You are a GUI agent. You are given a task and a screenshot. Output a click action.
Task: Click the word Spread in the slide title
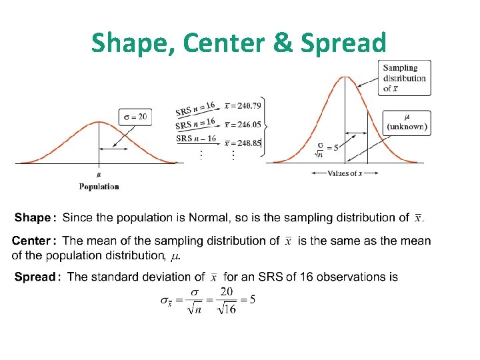click(x=343, y=43)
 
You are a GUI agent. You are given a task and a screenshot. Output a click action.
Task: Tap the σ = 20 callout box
click(x=135, y=117)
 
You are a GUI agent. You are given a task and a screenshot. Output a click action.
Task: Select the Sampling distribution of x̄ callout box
click(x=405, y=78)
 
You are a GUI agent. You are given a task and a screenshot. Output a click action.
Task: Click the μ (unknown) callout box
click(x=407, y=121)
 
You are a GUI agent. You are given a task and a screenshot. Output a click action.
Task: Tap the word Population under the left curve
click(x=99, y=187)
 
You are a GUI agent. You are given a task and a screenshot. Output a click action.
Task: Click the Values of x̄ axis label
click(x=345, y=173)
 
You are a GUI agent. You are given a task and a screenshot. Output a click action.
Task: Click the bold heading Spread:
click(x=37, y=277)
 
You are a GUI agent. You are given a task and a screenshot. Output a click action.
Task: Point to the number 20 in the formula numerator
click(x=227, y=291)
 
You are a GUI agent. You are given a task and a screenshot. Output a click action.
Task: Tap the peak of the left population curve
click(x=99, y=123)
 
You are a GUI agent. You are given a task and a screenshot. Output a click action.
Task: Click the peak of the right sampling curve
click(x=345, y=77)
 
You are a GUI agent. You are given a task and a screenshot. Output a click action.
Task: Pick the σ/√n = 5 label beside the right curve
click(x=327, y=149)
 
